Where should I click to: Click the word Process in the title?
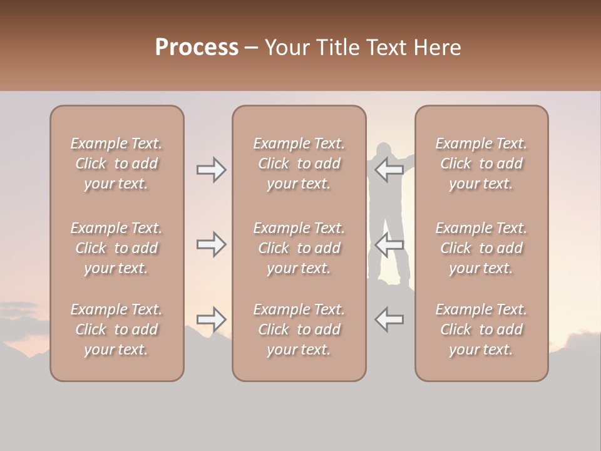[x=197, y=48]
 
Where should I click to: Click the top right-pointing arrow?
[x=212, y=170]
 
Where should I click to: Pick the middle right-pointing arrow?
[x=212, y=244]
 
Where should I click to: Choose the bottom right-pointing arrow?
[x=212, y=319]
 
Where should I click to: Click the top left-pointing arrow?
[x=389, y=170]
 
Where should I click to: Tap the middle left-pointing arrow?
[x=389, y=244]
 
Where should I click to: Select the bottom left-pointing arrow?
[x=389, y=319]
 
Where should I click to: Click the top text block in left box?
[x=116, y=163]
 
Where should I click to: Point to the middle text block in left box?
[x=116, y=248]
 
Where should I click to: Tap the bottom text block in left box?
[x=116, y=329]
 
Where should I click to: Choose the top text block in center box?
[x=299, y=163]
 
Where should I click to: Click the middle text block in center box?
[x=299, y=248]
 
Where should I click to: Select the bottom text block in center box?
[x=299, y=329]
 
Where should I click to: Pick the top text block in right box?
[x=481, y=163]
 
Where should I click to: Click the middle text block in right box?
[x=481, y=248]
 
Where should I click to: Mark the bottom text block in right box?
[x=481, y=329]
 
